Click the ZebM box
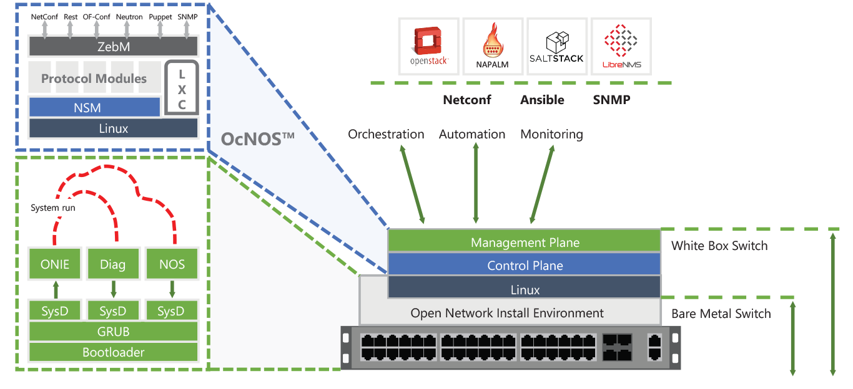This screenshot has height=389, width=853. coord(113,46)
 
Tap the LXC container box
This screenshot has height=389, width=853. coord(182,87)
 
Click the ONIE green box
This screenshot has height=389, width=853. coord(54,264)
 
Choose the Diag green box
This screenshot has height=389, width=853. coord(113,264)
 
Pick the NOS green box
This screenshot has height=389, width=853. coord(172,264)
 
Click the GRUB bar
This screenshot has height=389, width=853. coord(113,331)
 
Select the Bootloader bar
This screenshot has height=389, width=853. coord(113,352)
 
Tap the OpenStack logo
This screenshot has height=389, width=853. coord(429,46)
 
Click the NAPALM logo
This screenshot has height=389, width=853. coord(493,46)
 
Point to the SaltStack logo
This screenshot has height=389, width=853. coord(556,46)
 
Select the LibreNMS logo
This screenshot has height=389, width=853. coord(621,46)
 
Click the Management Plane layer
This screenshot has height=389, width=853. coord(525,243)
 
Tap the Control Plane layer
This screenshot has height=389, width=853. coord(525,266)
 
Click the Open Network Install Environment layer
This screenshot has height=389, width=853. coord(506,313)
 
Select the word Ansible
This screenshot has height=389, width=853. coord(542,100)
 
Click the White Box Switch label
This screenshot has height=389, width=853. coord(719,246)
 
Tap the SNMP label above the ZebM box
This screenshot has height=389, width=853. coord(187,17)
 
